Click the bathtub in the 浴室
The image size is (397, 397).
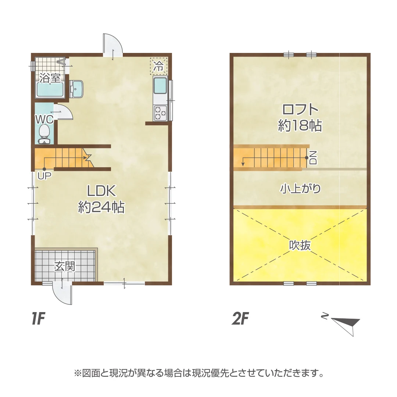pos(50,90)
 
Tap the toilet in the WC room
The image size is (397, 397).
pos(44,132)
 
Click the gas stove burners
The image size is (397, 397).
pos(160,112)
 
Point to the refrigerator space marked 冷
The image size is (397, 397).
pos(158,66)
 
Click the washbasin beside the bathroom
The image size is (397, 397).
pos(77,89)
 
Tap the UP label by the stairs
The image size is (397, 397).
pos(44,175)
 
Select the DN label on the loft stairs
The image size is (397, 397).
pos(313,158)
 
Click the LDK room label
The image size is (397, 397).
pos(101,191)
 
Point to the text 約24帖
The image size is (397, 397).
pos(101,208)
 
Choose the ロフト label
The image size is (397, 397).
pos(300,110)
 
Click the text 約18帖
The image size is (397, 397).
pos(300,126)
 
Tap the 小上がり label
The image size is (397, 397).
pos(300,189)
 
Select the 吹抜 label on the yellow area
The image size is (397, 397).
pos(300,245)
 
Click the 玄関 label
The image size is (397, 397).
pos(65,266)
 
